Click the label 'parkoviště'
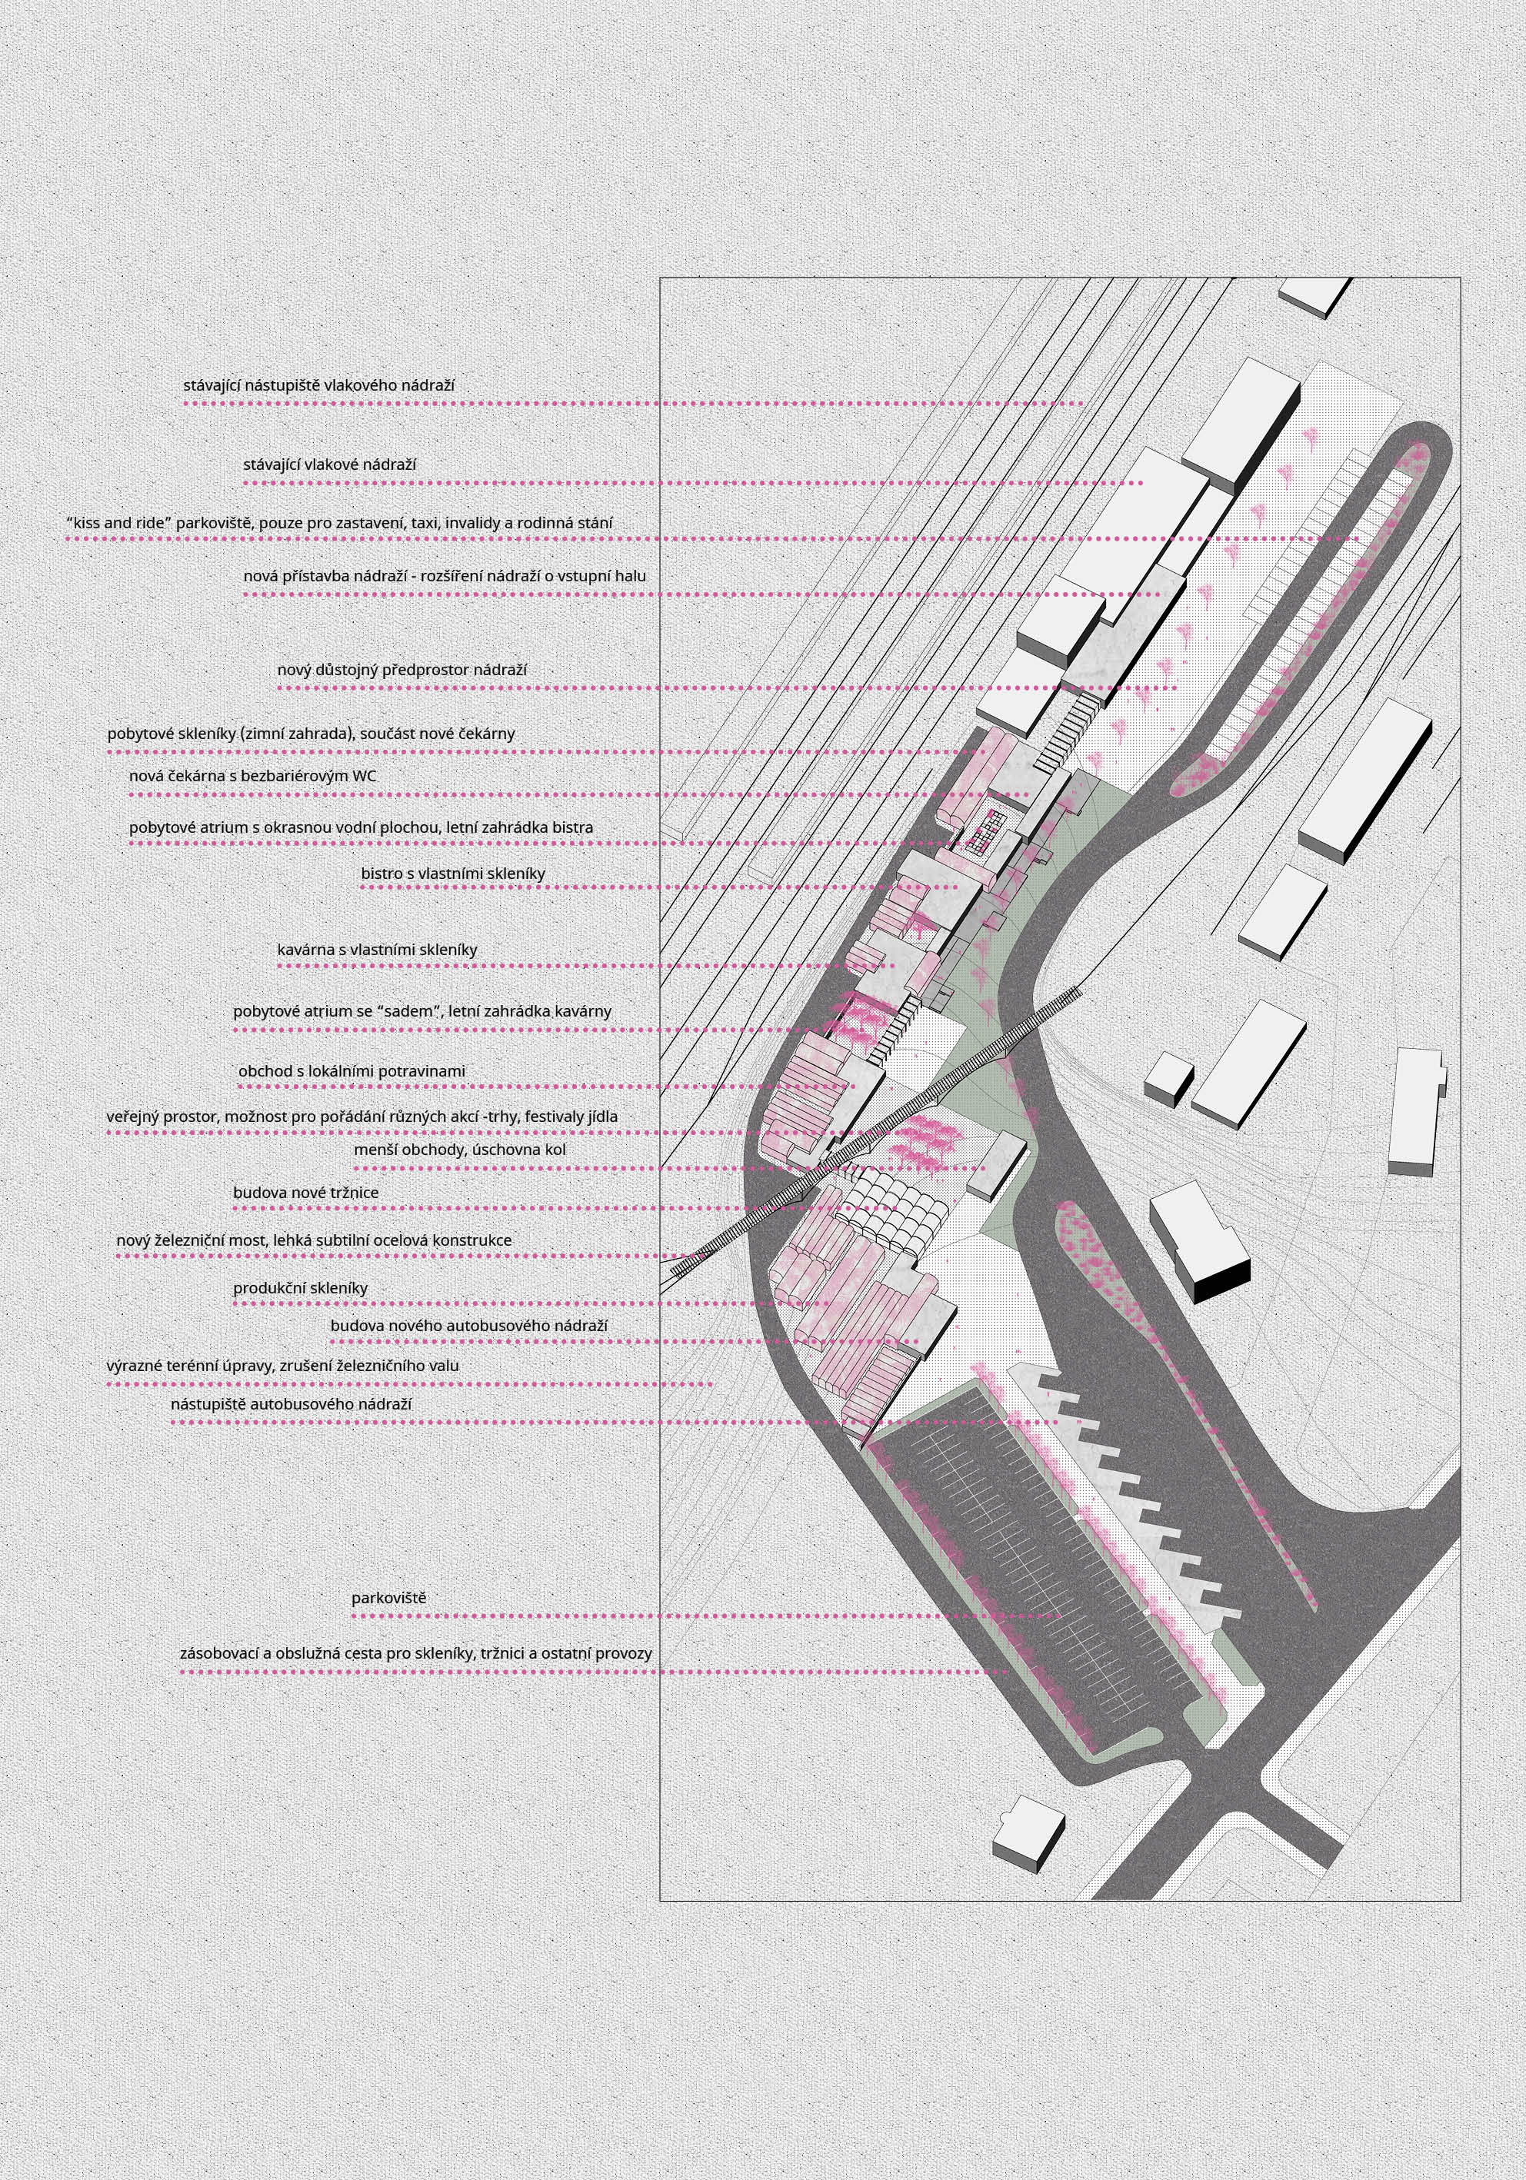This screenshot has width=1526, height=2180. point(388,1599)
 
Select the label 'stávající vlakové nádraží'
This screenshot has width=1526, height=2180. point(329,465)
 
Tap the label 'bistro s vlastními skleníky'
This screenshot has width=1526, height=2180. point(453,874)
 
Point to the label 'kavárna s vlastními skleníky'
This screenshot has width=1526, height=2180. point(377,950)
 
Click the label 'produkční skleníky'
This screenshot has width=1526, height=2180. point(300,1289)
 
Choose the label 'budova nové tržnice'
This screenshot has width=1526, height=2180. point(306,1193)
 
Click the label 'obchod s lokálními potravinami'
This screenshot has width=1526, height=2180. point(352,1071)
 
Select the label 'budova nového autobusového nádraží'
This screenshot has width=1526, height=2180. point(469,1326)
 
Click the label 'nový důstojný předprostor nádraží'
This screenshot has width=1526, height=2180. point(401,671)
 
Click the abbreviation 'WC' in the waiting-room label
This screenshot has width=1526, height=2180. point(365,776)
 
